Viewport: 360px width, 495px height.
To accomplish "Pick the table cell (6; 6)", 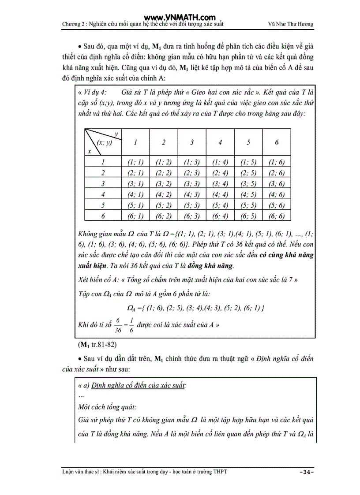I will (x=277, y=216).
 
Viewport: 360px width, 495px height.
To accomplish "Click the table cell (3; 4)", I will (x=220, y=184).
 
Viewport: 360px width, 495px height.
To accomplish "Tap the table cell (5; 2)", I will (x=164, y=205).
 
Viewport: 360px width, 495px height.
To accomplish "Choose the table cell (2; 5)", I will (x=248, y=173).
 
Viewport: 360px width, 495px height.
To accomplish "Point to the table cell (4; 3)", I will (x=192, y=194).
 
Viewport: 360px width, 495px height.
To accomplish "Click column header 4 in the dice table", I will (x=220, y=142).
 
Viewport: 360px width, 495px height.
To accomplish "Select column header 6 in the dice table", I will (x=277, y=142).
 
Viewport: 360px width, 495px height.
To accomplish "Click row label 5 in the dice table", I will (x=103, y=205).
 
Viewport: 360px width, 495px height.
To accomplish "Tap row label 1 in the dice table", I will (x=103, y=163).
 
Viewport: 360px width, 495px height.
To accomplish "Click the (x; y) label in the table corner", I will (x=105, y=142).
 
